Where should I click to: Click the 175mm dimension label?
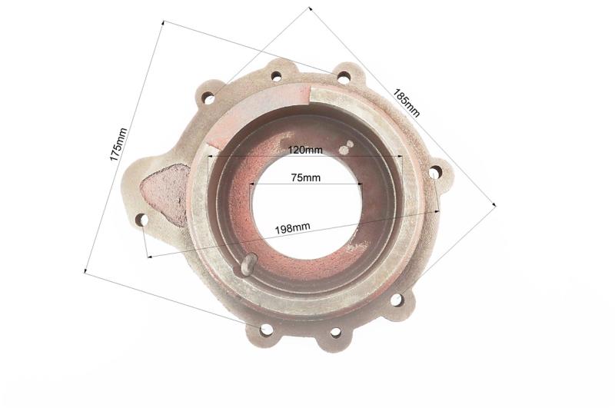coord(118,144)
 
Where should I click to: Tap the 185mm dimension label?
coord(407,104)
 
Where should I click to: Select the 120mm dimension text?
coord(305,150)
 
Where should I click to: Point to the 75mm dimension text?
coord(305,178)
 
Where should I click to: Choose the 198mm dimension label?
coord(292,228)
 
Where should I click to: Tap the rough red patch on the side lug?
coord(165,194)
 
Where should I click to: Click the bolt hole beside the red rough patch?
coord(142,220)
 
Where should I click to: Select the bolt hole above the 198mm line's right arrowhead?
coord(434,172)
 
